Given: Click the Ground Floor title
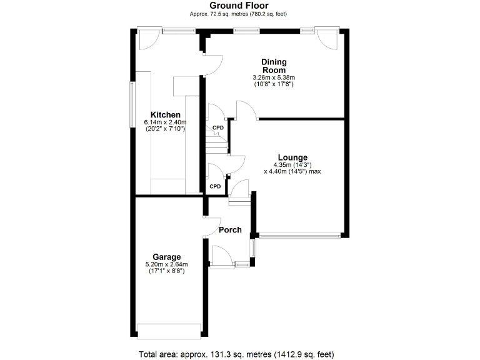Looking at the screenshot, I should click(x=239, y=5).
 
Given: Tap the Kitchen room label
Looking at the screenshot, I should click(x=166, y=115).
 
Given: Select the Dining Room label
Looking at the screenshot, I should click(x=273, y=66).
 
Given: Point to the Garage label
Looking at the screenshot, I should click(x=167, y=257).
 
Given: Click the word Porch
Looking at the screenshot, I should click(x=230, y=229).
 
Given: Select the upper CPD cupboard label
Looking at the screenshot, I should click(x=217, y=128).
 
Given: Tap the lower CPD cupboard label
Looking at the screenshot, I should click(x=215, y=186).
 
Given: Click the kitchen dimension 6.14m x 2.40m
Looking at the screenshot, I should click(x=166, y=122).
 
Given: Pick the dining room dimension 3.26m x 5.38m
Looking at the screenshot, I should click(x=273, y=77).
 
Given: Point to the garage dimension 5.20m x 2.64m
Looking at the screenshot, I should click(x=167, y=264).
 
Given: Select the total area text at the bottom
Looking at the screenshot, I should click(x=239, y=354).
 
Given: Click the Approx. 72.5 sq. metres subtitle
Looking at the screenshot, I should click(x=239, y=13).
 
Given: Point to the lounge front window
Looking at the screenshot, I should click(x=300, y=236).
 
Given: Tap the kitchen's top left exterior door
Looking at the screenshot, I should click(x=149, y=39).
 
